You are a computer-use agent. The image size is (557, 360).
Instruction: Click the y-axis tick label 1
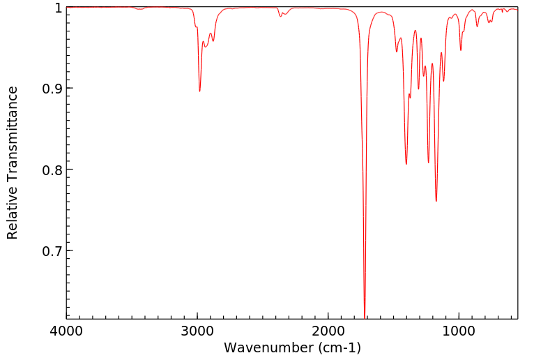coord(58,8)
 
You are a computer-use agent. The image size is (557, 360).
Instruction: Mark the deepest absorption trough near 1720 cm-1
coord(365,315)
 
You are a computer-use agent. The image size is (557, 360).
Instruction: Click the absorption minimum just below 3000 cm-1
coord(199,91)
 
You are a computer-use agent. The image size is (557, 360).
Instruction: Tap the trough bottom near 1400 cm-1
coord(406,164)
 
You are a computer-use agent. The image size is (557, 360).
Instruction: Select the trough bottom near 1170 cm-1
coord(436,201)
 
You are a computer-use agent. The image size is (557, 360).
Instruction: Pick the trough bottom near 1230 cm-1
coord(428,163)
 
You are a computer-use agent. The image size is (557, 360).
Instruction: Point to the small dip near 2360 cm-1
coord(280,16)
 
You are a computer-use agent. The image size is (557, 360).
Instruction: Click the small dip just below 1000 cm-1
coord(461,50)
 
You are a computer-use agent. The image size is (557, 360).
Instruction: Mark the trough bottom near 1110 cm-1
coord(443,81)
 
